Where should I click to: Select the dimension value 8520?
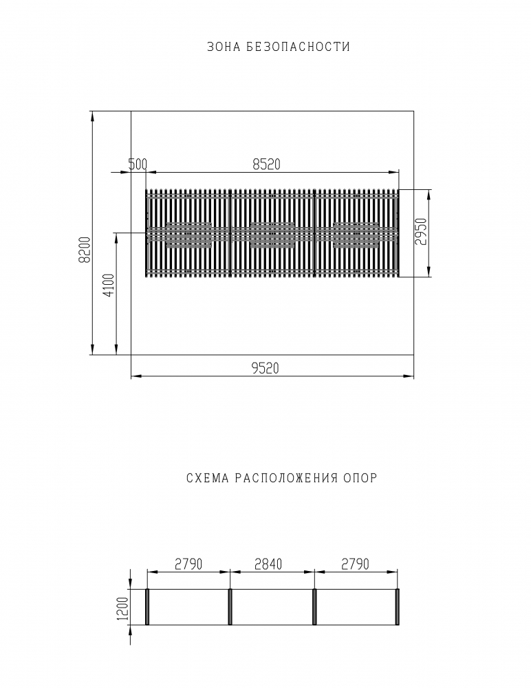[266, 164]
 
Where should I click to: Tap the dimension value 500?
[138, 164]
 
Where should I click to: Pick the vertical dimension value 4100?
[109, 286]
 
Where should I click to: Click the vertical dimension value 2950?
[420, 231]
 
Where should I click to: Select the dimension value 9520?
[265, 368]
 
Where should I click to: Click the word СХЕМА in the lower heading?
[208, 478]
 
